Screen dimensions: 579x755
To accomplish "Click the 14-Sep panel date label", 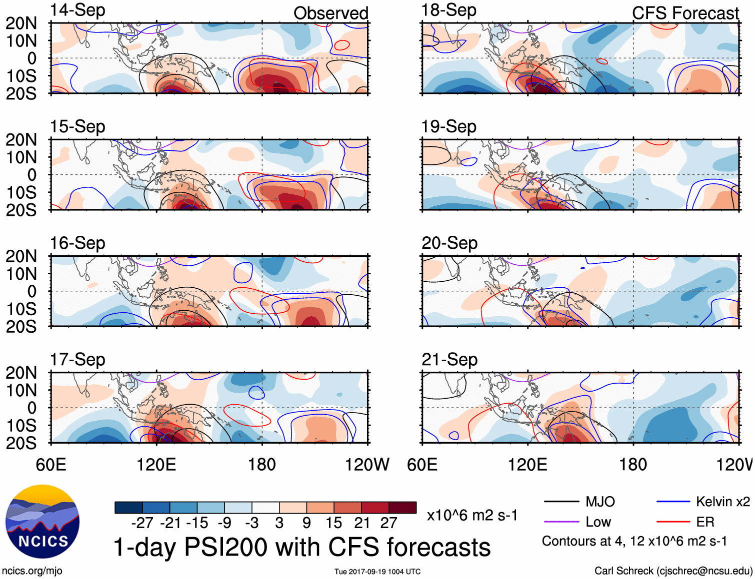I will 77,10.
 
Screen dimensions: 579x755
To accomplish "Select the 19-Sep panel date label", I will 448,127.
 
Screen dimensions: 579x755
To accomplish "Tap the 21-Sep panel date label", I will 449,360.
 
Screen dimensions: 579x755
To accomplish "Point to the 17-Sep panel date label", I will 77,360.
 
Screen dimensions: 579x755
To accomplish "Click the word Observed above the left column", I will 330,13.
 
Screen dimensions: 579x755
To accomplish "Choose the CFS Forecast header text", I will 685,13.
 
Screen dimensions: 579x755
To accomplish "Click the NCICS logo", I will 42,522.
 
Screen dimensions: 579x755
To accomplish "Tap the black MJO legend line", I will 561,502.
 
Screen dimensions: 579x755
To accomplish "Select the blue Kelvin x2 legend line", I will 673,502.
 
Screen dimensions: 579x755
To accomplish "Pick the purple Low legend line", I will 561,522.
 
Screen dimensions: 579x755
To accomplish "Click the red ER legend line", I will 673,522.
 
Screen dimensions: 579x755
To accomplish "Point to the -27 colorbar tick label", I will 142,523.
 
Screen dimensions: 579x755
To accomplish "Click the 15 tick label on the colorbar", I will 333,523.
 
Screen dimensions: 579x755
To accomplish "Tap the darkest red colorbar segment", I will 402,508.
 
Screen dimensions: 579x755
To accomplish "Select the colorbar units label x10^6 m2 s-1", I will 472,515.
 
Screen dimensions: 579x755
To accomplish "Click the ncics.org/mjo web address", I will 32,571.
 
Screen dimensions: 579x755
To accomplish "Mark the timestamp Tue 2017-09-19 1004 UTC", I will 377,572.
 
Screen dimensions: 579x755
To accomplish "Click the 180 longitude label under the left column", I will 262,465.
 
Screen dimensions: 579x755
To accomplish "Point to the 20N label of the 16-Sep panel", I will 21,256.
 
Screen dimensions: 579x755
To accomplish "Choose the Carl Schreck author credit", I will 673,571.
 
